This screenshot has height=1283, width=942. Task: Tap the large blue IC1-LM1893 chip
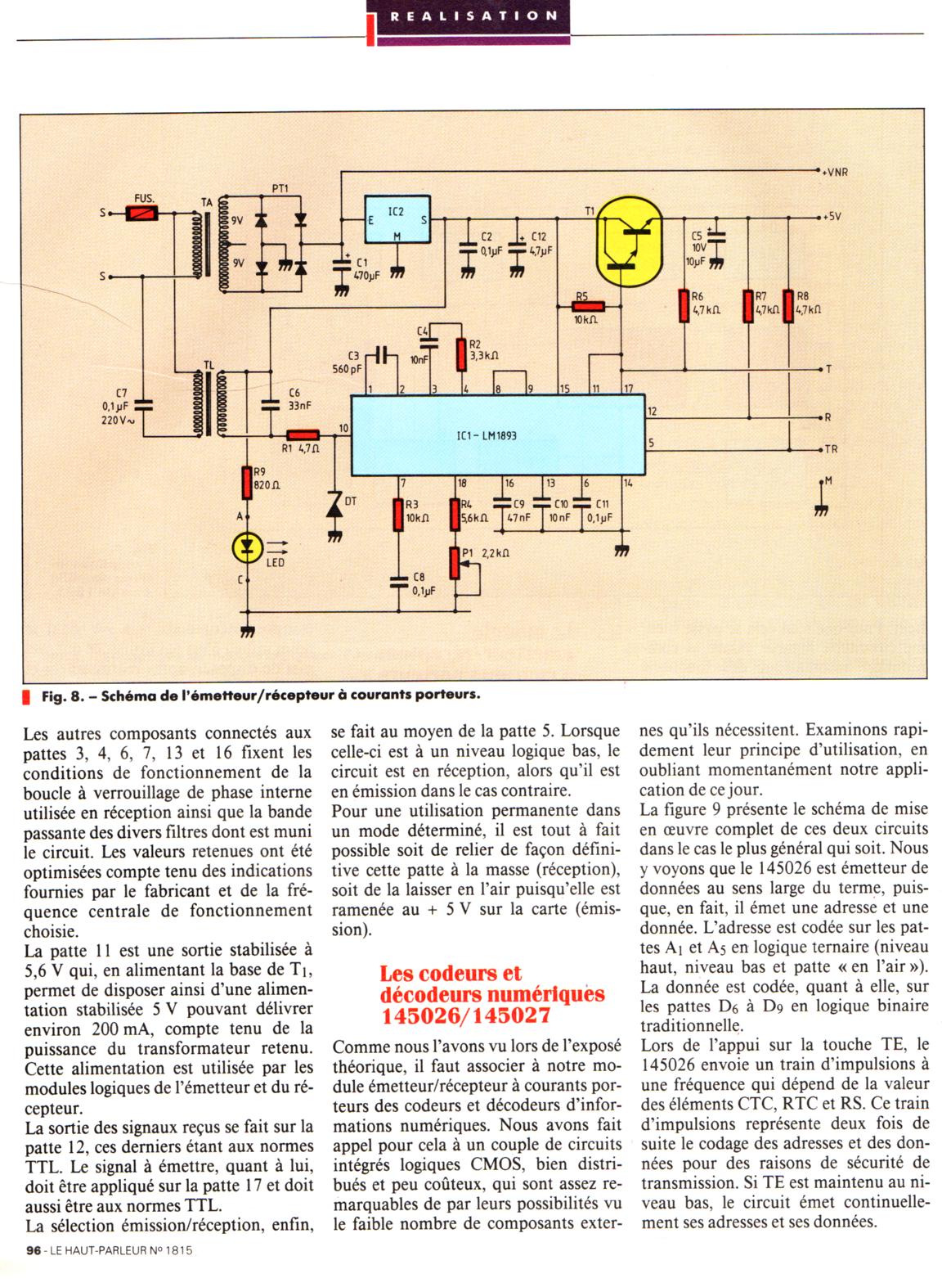click(x=498, y=435)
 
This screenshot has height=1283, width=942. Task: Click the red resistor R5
click(x=586, y=307)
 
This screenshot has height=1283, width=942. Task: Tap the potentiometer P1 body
click(x=455, y=563)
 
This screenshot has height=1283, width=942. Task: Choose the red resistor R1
click(x=303, y=436)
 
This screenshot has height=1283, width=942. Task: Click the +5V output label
click(x=832, y=218)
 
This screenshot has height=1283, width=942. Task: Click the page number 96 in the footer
click(x=34, y=1272)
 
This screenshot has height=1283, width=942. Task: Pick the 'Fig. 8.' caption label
click(x=63, y=696)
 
